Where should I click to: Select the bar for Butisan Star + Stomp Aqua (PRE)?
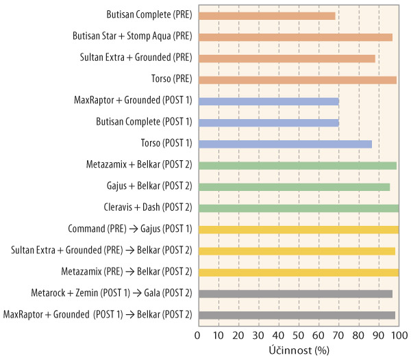(x=295, y=37)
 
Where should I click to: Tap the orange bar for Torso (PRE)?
(x=297, y=80)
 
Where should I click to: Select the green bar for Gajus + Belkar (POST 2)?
(x=293, y=187)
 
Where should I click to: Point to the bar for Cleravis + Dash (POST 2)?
(x=298, y=208)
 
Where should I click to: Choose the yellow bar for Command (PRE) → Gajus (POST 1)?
(x=298, y=229)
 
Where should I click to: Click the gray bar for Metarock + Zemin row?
(x=295, y=294)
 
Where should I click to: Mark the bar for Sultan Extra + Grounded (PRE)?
(x=286, y=58)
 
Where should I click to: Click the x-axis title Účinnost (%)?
(x=298, y=350)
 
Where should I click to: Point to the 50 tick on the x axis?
(x=298, y=335)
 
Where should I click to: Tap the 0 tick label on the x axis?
(x=197, y=335)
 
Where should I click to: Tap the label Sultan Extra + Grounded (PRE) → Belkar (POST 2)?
(x=101, y=250)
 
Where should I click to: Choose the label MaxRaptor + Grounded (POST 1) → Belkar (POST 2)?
(x=97, y=315)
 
